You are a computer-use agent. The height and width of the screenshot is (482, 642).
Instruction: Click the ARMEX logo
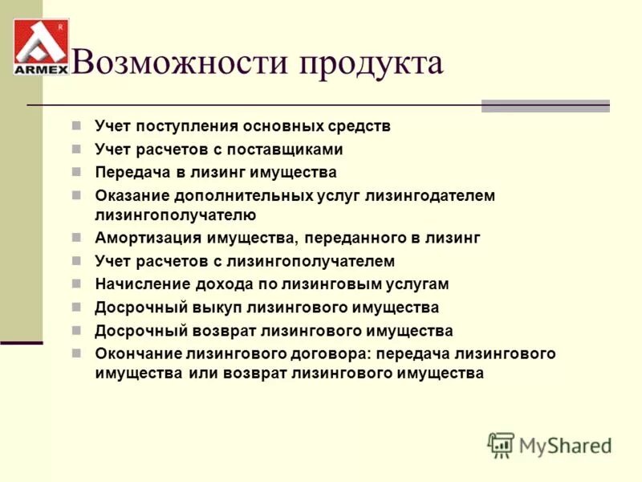click(x=41, y=47)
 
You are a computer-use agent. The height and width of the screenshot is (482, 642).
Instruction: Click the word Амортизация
click(x=148, y=238)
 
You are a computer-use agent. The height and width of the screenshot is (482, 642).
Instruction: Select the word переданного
click(x=358, y=238)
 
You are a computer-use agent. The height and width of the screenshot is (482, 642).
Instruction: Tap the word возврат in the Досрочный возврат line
click(x=226, y=330)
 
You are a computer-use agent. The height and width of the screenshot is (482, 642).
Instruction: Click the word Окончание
click(x=137, y=353)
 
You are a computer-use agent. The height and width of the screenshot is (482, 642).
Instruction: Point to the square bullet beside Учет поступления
click(x=77, y=126)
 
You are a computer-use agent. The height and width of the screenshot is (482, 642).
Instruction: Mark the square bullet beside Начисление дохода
click(x=77, y=284)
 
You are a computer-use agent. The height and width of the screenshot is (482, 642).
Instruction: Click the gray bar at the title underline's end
click(x=545, y=106)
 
